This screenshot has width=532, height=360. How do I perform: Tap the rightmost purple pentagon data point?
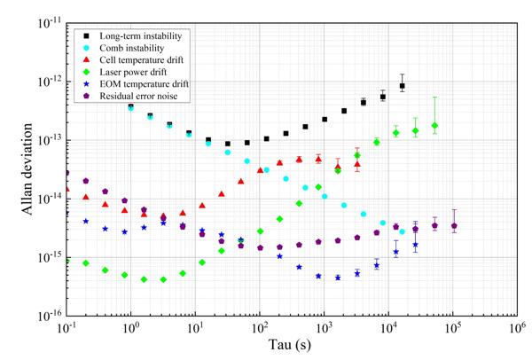point(454,226)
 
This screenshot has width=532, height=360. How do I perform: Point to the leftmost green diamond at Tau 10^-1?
point(66,260)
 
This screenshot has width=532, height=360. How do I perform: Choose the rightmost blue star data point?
point(415,245)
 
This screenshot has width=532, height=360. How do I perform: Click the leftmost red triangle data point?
point(66,189)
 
